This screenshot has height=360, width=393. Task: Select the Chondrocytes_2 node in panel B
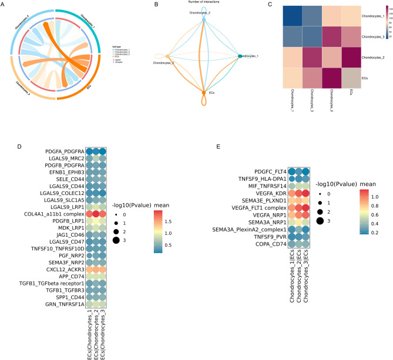(x=204, y=19)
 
